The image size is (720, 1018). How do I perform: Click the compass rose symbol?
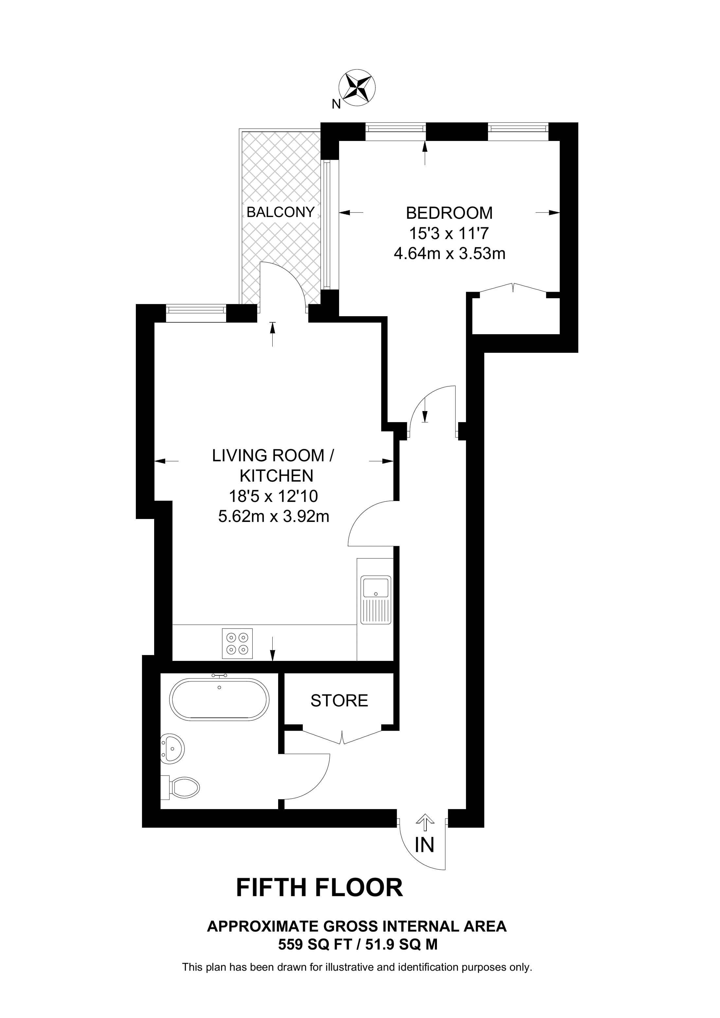tap(357, 87)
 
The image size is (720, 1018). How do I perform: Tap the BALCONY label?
tap(280, 212)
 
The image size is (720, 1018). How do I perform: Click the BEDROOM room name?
tap(449, 213)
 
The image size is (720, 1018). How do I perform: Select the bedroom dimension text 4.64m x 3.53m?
tap(449, 254)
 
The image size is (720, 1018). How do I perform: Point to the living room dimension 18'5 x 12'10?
tap(273, 496)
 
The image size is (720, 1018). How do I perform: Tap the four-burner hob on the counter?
tap(237, 643)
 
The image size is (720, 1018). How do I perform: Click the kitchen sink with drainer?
tap(376, 599)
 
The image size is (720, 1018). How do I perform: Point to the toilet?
tap(181, 787)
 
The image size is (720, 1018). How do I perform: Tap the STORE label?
tap(339, 700)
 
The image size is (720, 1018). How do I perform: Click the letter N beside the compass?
tap(336, 104)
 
